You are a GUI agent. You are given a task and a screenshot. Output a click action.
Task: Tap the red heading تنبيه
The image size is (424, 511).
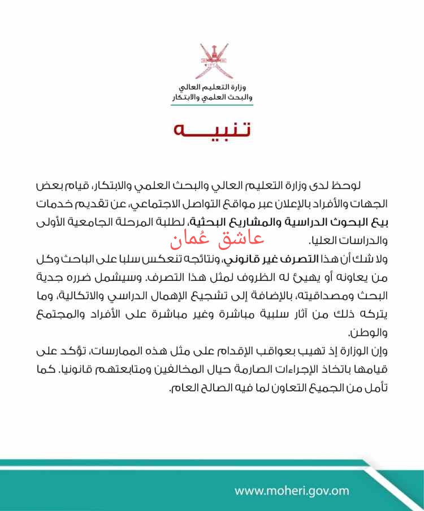point(212,129)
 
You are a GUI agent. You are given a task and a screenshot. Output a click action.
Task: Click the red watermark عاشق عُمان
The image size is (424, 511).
point(217,239)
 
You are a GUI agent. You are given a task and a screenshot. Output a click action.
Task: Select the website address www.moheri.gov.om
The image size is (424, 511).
point(292,490)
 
